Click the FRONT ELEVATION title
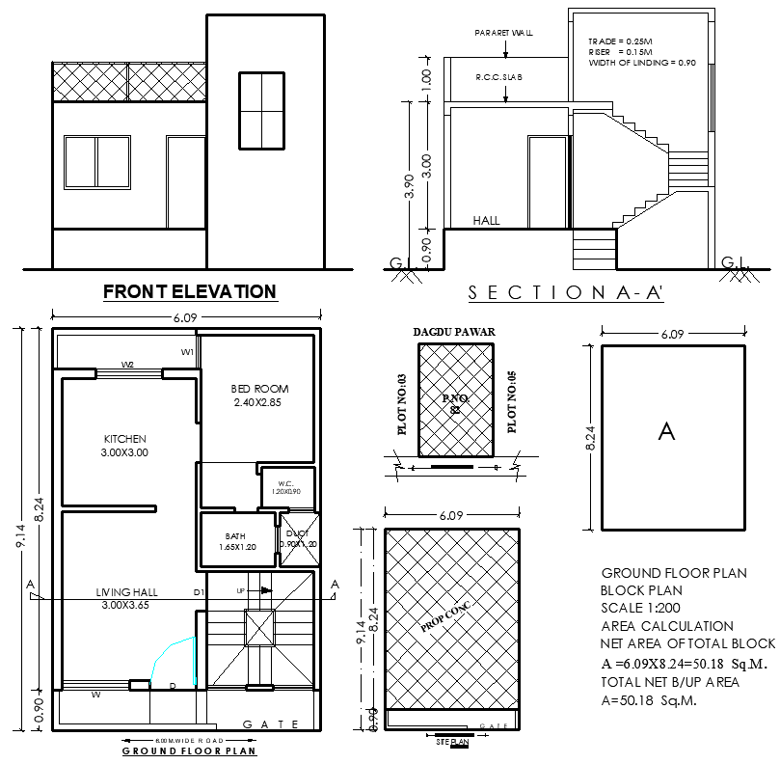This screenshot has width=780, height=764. [x=189, y=291]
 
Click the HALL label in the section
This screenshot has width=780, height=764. [x=487, y=221]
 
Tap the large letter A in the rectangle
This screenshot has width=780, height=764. [x=666, y=431]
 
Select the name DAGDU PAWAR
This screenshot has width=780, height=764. [x=454, y=332]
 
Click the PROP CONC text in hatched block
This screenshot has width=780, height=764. [x=446, y=615]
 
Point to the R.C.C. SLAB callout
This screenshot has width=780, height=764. [x=498, y=77]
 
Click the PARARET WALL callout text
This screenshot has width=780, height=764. [x=503, y=33]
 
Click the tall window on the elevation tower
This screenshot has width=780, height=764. [x=261, y=110]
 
